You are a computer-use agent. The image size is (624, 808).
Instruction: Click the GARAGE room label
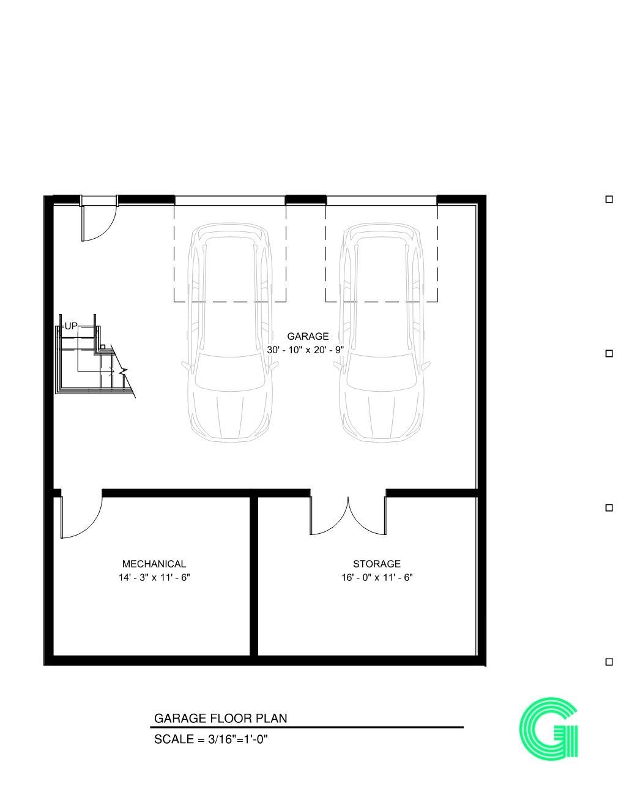[x=308, y=336]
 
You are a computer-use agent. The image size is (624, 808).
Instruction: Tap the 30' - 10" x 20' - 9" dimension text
[x=306, y=350]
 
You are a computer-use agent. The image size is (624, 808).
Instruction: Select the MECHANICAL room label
[x=154, y=564]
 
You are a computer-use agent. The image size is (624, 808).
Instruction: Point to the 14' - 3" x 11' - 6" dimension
[x=154, y=577]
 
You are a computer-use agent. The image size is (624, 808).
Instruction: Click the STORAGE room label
[x=377, y=564]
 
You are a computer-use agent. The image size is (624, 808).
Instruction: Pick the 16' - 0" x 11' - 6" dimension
[x=377, y=577]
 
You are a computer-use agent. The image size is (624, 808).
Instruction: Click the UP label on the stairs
[x=71, y=326]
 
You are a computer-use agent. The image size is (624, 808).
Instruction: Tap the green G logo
[x=548, y=728]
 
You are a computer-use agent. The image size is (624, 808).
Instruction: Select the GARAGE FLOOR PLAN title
[x=220, y=718]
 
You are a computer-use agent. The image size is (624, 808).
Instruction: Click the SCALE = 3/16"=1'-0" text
[x=211, y=739]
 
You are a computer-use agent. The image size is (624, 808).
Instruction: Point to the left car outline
[x=229, y=334]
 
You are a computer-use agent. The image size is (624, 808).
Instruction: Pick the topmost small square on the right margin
[x=609, y=199]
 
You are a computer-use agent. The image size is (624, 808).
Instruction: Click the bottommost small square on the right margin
[x=609, y=662]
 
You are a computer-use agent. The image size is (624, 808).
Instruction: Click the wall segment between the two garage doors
[x=306, y=199]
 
